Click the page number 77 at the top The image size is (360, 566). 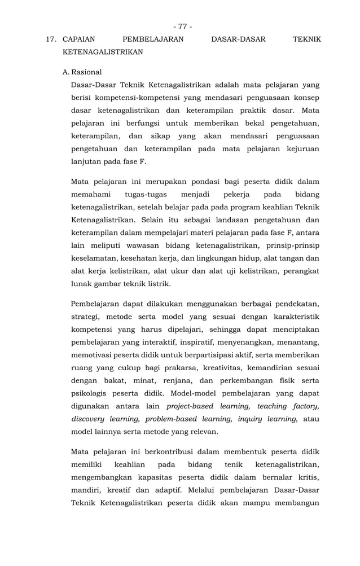[x=182, y=27]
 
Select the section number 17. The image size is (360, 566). [x=52, y=40]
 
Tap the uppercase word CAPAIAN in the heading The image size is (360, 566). [x=78, y=40]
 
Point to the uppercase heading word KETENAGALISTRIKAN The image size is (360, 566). [x=102, y=52]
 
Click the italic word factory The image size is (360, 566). [x=305, y=406]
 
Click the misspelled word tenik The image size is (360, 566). [x=233, y=464]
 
